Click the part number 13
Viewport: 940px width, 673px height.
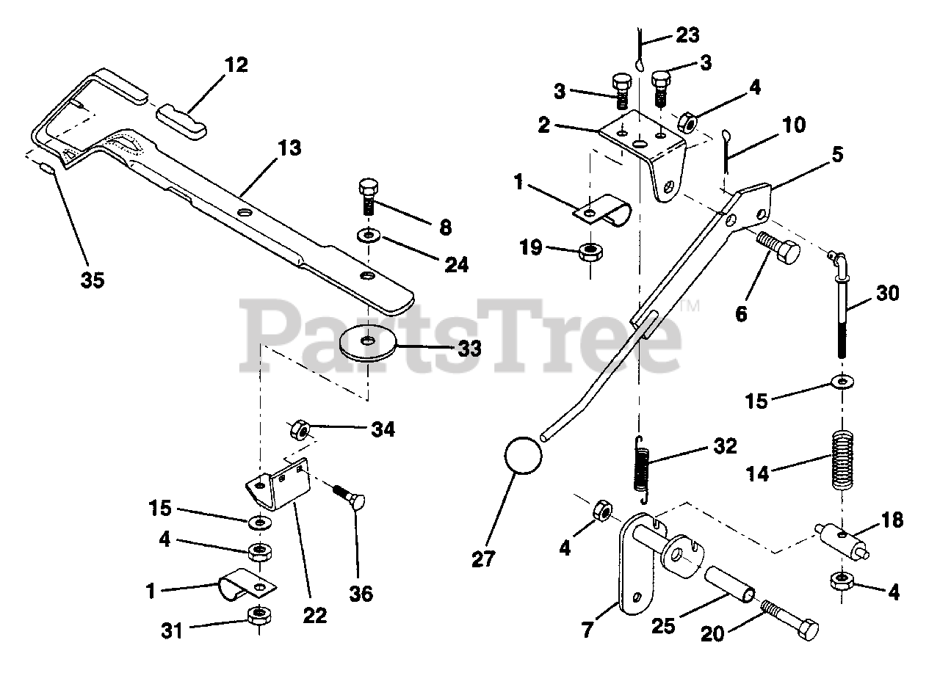coord(289,148)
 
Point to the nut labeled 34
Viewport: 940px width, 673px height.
coord(299,427)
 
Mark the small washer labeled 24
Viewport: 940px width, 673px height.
coord(366,236)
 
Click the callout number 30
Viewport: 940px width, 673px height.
coord(886,294)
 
